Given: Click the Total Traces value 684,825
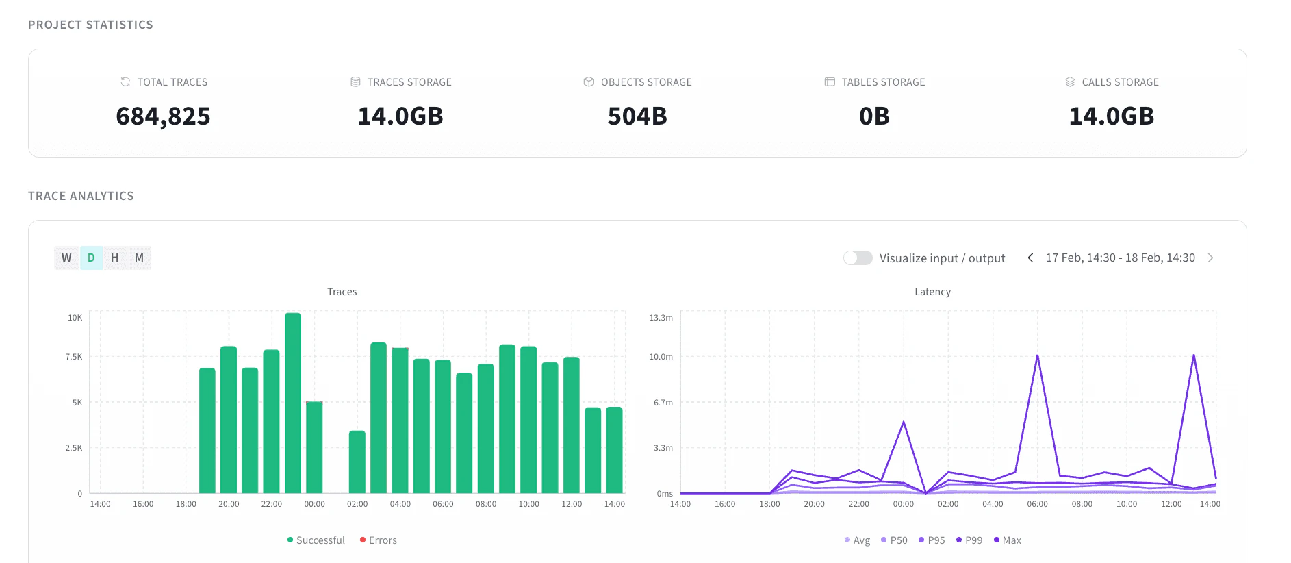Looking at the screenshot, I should click(x=163, y=116).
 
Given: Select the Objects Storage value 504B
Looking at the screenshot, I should click(x=637, y=116).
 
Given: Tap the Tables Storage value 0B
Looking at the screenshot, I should click(x=874, y=116).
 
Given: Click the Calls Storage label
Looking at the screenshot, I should click(x=1120, y=82).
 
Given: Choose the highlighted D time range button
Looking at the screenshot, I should click(x=91, y=258).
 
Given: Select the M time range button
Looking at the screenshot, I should click(x=139, y=258).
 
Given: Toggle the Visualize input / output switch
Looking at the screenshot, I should click(x=858, y=258).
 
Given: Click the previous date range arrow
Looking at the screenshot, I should click(x=1030, y=258).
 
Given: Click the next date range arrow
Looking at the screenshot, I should click(x=1210, y=258).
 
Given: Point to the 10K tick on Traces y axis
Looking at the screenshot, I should click(x=75, y=318).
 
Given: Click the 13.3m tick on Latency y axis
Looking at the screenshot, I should click(x=661, y=318).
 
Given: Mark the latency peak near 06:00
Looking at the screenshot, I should click(x=1038, y=356).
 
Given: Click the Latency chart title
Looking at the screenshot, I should click(x=932, y=292).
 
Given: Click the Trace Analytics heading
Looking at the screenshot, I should click(x=81, y=196).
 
